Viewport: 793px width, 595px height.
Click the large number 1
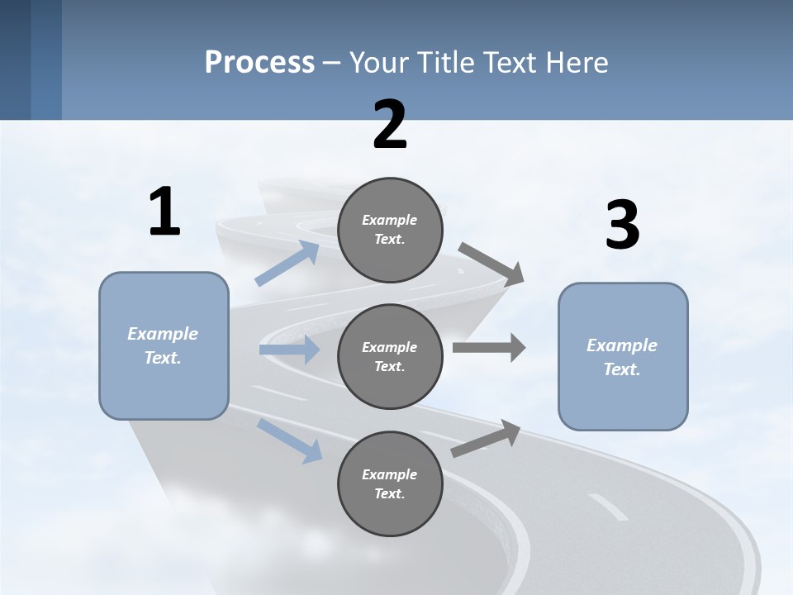pyautogui.click(x=164, y=213)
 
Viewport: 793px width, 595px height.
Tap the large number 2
pyautogui.click(x=390, y=125)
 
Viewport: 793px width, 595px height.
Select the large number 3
pyautogui.click(x=622, y=226)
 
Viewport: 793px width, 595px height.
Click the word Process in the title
pyautogui.click(x=259, y=62)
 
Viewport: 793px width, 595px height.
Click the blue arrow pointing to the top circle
pyautogui.click(x=287, y=264)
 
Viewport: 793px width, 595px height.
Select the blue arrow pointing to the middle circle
pyautogui.click(x=289, y=350)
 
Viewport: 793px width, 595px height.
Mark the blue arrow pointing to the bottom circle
pyautogui.click(x=290, y=440)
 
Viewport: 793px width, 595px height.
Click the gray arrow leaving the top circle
pyautogui.click(x=491, y=264)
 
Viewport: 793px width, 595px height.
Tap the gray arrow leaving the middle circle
pyautogui.click(x=489, y=347)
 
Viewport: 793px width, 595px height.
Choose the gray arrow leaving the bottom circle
pyautogui.click(x=486, y=439)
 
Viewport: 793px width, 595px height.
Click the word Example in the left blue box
pyautogui.click(x=163, y=334)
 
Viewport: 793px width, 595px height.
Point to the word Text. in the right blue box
pyautogui.click(x=622, y=369)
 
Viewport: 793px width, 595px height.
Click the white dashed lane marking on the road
pyautogui.click(x=608, y=507)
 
